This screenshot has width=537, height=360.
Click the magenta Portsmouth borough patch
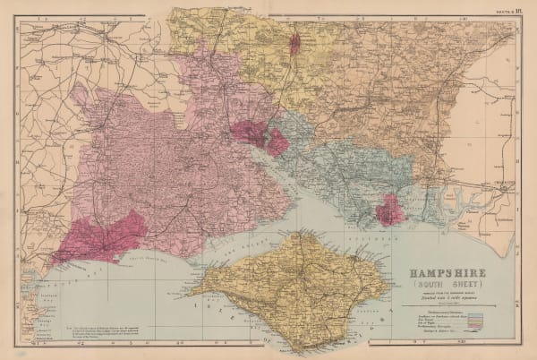pos(391,212)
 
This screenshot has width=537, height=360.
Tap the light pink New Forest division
pos(170,170)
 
